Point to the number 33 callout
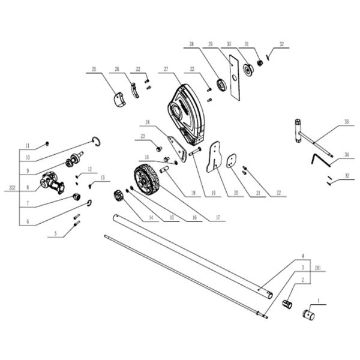click(x=346, y=121)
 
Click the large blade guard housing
click(x=187, y=114)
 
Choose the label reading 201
click(x=318, y=268)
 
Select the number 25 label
click(x=94, y=70)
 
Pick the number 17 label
click(x=218, y=219)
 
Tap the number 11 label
click(x=28, y=145)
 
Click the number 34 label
click(x=346, y=154)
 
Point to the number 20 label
click(x=236, y=194)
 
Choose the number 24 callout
click(x=146, y=122)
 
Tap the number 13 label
click(x=102, y=178)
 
